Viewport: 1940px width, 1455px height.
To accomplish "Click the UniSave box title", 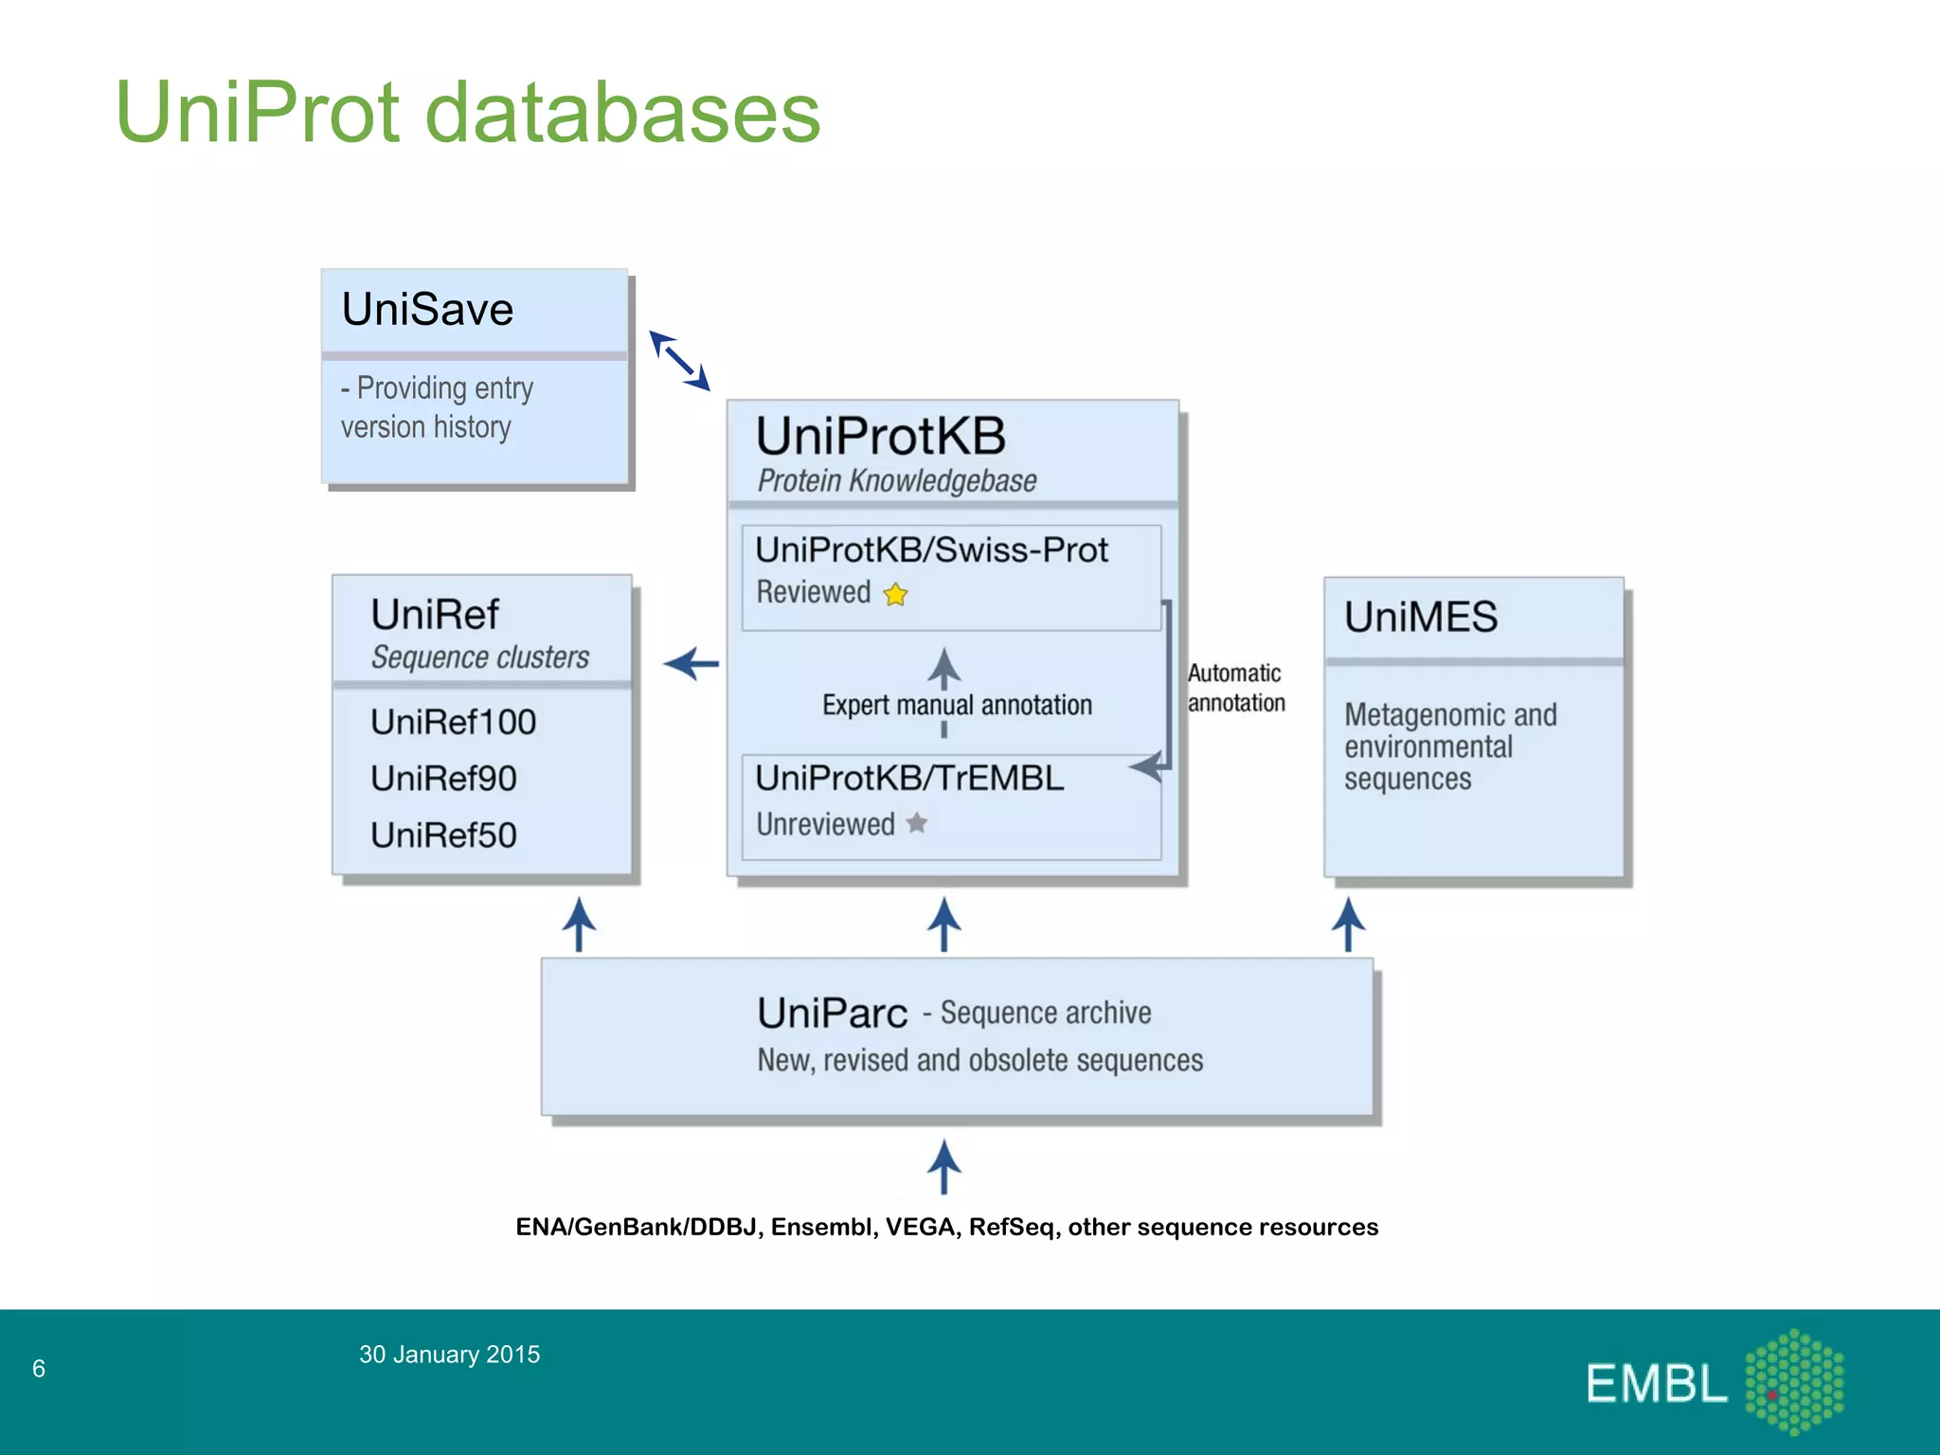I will point(427,310).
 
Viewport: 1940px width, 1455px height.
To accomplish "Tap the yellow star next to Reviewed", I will point(895,595).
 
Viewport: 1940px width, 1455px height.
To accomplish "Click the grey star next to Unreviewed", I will point(916,823).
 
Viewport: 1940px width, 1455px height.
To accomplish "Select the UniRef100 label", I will point(453,723).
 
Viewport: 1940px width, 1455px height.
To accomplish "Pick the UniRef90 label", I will point(443,779).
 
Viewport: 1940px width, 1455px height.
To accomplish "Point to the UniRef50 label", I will point(443,835).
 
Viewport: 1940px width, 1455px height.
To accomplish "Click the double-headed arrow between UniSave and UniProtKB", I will point(679,361).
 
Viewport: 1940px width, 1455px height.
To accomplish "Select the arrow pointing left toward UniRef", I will point(691,664).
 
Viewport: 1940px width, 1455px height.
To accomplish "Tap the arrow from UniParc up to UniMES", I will point(1348,925).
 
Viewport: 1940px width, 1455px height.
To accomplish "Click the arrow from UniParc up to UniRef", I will point(579,925).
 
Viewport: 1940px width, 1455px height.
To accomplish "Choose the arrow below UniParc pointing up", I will point(943,1167).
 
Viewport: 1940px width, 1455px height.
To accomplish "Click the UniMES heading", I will point(1421,618).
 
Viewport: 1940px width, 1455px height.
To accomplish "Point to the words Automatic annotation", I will point(1235,688).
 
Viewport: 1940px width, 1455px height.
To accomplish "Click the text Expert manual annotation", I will point(957,706).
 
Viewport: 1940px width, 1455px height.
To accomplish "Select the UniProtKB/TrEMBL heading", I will point(909,779).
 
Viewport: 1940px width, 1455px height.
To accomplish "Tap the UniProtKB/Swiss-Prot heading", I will point(931,550).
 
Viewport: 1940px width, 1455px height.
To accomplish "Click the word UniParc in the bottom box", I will point(832,1014).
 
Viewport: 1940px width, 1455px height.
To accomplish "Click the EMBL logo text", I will point(1656,1384).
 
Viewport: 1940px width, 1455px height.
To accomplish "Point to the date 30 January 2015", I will point(449,1355).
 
